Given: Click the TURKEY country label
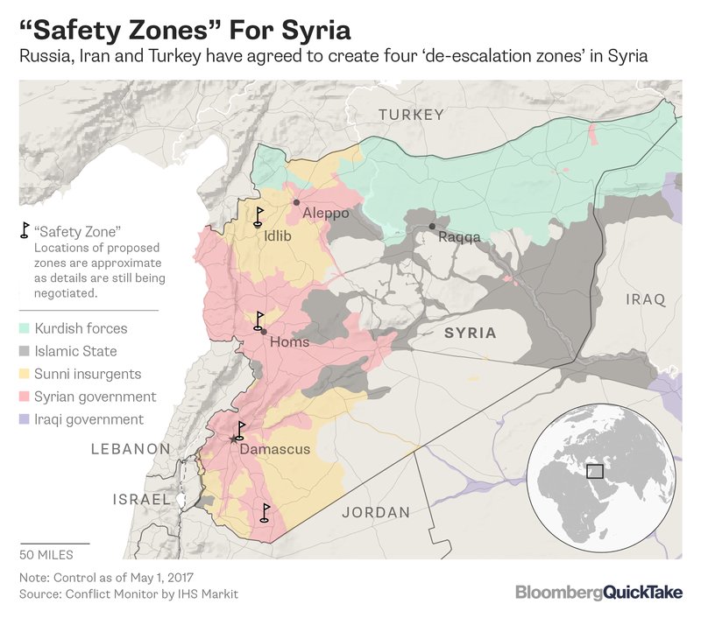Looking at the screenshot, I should (411, 115).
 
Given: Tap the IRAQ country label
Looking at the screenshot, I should (645, 299).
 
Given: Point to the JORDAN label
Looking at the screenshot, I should (375, 512).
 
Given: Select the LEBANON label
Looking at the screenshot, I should (130, 449).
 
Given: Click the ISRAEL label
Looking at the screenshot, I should (140, 499).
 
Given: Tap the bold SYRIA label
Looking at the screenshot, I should (470, 334).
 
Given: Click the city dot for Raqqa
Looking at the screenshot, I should (432, 227).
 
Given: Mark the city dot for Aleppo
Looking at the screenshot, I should (296, 202).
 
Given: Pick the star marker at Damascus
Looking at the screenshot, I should (232, 439).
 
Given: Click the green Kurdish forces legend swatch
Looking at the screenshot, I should (24, 329).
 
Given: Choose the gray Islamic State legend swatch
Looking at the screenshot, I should (24, 352).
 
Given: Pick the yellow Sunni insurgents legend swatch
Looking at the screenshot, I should (24, 375).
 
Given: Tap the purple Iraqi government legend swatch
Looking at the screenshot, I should (24, 420).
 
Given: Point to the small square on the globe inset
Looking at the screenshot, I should (595, 471).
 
